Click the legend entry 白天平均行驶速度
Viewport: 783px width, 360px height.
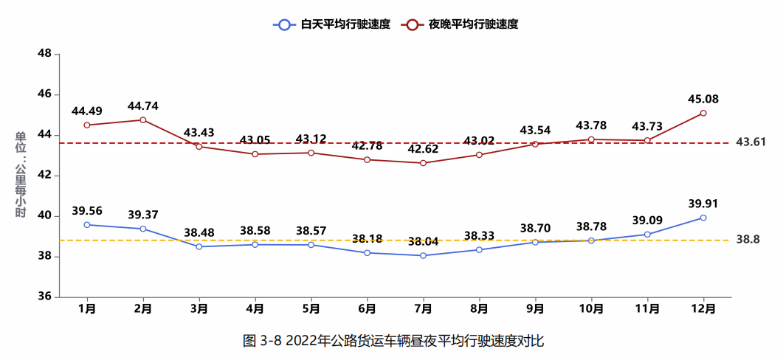pos(328,24)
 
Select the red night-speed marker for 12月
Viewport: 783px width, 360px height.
pos(703,113)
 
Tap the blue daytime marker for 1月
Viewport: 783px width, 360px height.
pos(87,224)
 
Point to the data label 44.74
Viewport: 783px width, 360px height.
pos(142,105)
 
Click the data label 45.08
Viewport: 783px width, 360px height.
pos(703,99)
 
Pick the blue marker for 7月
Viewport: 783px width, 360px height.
pos(423,255)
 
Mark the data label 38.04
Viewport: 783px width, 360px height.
pos(423,241)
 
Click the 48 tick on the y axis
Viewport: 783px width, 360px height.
pos(44,54)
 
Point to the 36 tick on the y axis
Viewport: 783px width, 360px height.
pos(44,297)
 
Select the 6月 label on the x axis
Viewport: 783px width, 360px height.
pos(367,309)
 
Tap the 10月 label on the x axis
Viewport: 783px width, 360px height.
pos(591,309)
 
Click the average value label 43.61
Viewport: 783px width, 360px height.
pos(751,142)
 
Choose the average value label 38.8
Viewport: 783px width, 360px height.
pos(748,240)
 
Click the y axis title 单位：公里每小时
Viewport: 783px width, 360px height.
pos(21,175)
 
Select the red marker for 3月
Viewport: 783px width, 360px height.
pos(199,146)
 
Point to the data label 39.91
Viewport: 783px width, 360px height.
pos(703,204)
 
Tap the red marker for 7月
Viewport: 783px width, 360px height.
pos(423,163)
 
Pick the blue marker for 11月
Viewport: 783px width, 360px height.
pos(647,235)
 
